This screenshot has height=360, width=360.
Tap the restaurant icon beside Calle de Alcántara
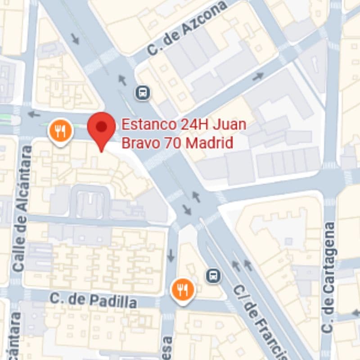pos(60,131)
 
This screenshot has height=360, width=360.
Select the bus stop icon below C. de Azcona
pos(142,93)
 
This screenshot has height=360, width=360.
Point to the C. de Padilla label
pos(93,300)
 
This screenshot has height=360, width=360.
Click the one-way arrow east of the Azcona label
pos(258,76)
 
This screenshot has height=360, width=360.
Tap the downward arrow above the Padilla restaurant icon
pos(171,256)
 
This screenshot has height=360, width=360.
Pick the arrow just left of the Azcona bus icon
pos(122,80)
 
